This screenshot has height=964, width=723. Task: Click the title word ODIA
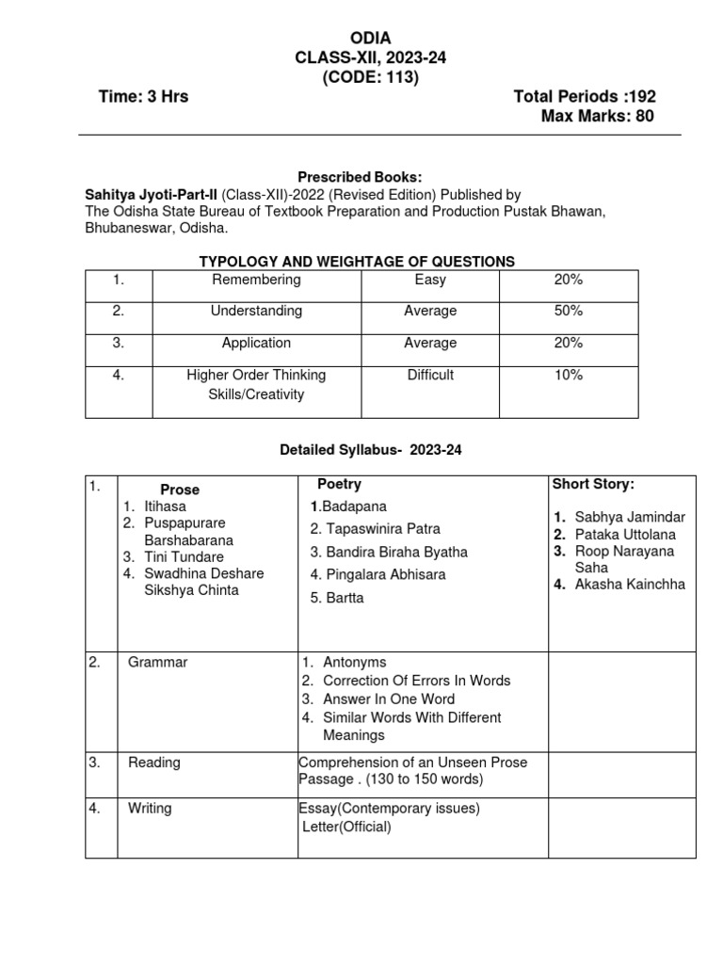coord(370,38)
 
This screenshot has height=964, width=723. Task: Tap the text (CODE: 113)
coord(370,77)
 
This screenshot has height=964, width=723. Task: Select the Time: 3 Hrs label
coord(143,97)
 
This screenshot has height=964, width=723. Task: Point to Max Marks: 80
coord(597,117)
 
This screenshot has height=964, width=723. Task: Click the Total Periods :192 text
coord(584,97)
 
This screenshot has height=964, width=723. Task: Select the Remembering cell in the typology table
coord(256,280)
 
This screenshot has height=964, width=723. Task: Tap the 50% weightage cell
coord(569,311)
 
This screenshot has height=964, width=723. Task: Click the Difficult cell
coord(430,375)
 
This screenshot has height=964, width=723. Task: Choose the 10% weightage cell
coord(569,375)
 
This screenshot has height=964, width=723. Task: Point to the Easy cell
coord(430,280)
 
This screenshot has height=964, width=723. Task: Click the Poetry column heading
coord(339,484)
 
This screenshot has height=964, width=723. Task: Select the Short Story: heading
coord(593,484)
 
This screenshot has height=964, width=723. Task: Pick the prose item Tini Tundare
coord(185,556)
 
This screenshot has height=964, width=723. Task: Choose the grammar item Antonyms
coord(354,662)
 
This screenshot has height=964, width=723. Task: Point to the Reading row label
coord(154,763)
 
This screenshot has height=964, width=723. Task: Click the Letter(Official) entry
coord(346,827)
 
